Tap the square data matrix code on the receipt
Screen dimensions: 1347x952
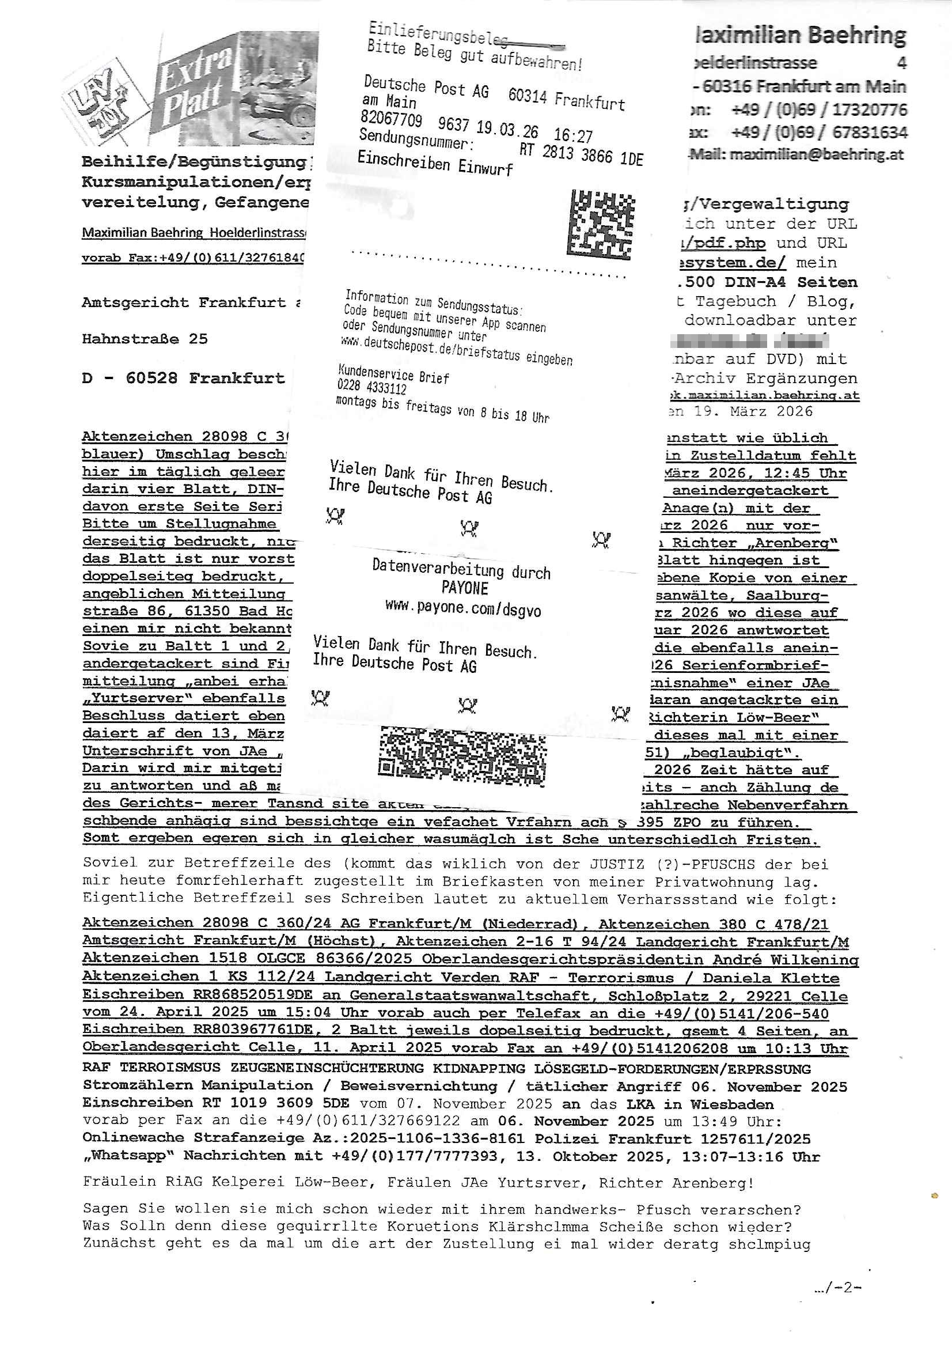coord(601,224)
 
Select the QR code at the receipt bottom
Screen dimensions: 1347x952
coord(463,757)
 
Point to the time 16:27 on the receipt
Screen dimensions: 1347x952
coord(573,135)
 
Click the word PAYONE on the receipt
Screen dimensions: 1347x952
coord(465,588)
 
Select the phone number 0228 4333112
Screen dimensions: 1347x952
coord(372,387)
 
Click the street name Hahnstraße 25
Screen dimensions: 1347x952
coord(145,339)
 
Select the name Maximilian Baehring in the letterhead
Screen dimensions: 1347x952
coord(801,35)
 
